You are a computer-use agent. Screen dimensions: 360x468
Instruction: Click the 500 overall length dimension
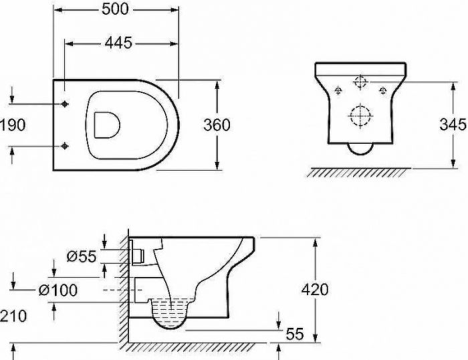coord(116,9)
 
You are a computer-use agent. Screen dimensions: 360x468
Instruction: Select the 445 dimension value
coord(118,42)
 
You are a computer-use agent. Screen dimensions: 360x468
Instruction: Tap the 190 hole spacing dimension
coord(13,125)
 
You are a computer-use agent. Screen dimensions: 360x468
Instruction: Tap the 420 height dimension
coord(314,289)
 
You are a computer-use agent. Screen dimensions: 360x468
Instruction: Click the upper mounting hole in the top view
coord(65,104)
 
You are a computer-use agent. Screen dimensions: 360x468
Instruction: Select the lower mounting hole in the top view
coord(65,146)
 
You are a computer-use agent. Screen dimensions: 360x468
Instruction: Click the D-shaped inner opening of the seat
coord(106,124)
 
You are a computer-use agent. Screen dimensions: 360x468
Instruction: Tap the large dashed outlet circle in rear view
coord(360,115)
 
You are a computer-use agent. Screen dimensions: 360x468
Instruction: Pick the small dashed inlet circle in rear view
coord(360,82)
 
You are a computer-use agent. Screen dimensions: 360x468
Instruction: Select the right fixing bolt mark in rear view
coord(383,90)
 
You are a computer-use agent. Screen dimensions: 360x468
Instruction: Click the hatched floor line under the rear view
coord(357,173)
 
